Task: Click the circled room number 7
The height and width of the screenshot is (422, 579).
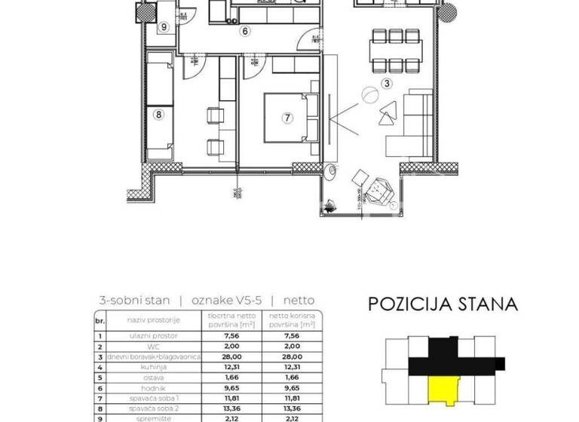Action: pos(287,118)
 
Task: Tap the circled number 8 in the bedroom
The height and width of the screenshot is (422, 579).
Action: pos(158,115)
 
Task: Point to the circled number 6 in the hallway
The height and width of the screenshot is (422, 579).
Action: pos(245,32)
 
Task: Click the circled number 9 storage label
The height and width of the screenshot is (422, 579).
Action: pos(164,27)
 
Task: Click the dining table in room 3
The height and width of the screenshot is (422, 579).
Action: pos(397,50)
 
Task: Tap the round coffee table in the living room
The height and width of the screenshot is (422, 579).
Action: pos(369,96)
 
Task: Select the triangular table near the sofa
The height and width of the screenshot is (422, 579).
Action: pos(388,112)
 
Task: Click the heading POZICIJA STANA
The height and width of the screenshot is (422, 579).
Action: pos(443,304)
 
